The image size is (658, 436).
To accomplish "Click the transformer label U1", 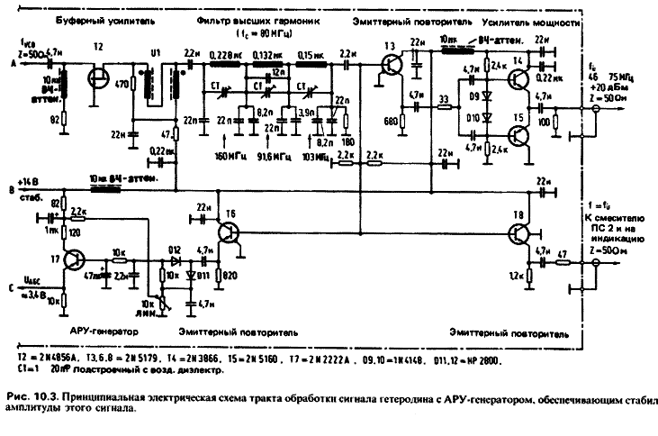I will click(x=156, y=52).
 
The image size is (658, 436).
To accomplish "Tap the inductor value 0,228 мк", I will click(x=222, y=55).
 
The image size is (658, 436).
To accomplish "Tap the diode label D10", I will click(x=473, y=118).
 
